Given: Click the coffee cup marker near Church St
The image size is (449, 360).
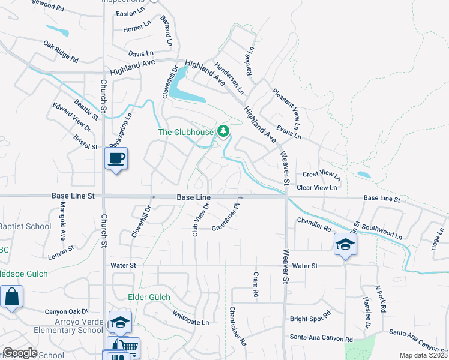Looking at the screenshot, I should [116, 158].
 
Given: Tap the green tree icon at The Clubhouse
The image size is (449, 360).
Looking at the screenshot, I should [223, 130].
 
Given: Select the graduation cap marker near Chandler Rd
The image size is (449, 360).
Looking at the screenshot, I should [346, 244].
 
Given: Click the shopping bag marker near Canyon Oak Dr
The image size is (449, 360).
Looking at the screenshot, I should [11, 296].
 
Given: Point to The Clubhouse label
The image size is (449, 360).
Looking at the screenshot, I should [185, 132].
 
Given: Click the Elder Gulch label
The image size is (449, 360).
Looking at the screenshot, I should [149, 297].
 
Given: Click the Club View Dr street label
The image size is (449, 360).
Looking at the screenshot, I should [200, 220].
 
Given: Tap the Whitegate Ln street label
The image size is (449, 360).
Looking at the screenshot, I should [190, 317].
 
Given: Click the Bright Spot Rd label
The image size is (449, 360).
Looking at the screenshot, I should [310, 316].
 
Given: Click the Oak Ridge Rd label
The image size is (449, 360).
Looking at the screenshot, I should [61, 52].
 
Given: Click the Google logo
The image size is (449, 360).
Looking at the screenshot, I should [20, 353].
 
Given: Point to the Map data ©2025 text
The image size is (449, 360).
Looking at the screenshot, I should [423, 355].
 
